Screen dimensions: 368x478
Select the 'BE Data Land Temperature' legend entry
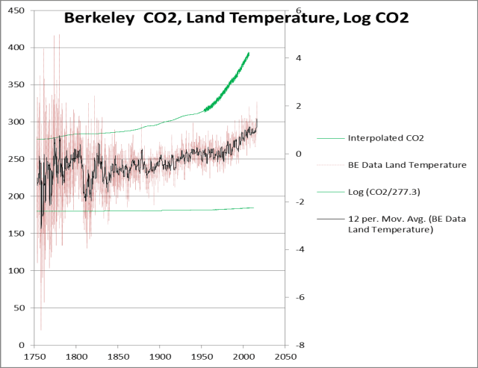(407, 164)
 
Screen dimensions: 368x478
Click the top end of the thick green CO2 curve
(249, 53)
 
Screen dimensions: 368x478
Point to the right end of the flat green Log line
(254, 208)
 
